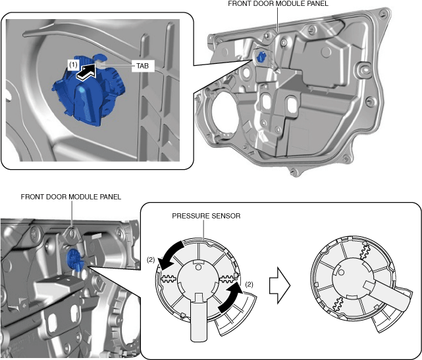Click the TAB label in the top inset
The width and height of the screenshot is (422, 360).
point(142,66)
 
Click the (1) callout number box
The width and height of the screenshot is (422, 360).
point(73,65)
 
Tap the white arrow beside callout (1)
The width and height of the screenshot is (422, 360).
point(86,71)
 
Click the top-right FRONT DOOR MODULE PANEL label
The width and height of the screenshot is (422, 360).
point(278,4)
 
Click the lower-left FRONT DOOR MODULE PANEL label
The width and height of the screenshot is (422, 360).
point(71,197)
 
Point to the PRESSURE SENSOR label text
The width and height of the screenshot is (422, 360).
point(206,216)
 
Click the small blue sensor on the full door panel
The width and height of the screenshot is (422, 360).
point(261,57)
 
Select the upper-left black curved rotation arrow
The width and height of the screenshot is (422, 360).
point(170,254)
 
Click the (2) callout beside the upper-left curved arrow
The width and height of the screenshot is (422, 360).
point(151,260)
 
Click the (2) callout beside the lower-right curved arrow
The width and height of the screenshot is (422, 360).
point(250,284)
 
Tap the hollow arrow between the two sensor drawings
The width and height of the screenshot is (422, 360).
point(280,286)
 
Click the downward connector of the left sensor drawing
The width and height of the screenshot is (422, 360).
point(199,319)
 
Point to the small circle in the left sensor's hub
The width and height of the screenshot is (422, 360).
point(198,267)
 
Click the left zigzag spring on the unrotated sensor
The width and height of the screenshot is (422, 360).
point(169,279)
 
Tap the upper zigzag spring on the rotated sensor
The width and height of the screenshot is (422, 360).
point(365,251)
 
